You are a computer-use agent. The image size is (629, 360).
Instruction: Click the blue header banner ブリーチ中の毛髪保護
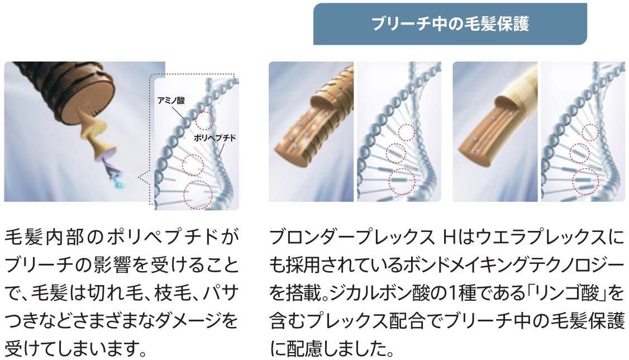[450, 23]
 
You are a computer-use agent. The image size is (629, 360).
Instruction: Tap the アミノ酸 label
[171, 100]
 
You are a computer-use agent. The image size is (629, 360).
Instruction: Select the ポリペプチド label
[215, 138]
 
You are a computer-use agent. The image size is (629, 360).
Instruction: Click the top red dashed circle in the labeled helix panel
[204, 120]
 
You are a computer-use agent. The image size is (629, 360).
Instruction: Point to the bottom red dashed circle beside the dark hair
[198, 195]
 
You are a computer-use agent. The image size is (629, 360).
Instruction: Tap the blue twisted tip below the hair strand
[119, 181]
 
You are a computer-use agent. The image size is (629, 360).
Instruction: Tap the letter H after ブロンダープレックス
[447, 238]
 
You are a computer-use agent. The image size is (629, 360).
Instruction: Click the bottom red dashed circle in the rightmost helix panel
[585, 182]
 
